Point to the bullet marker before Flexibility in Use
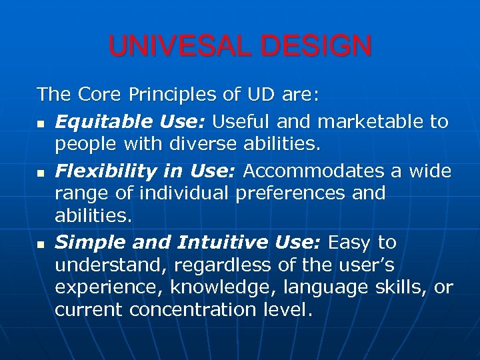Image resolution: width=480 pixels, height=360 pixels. (41, 173)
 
